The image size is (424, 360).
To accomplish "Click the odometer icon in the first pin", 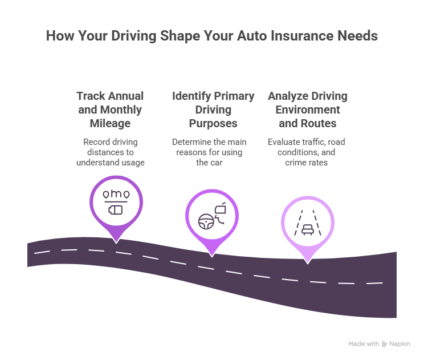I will tap(116, 203).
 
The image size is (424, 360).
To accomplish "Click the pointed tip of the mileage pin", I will tap(116, 241).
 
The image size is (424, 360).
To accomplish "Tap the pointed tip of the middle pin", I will tap(212, 255).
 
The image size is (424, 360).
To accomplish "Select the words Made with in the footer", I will tap(364, 344).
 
